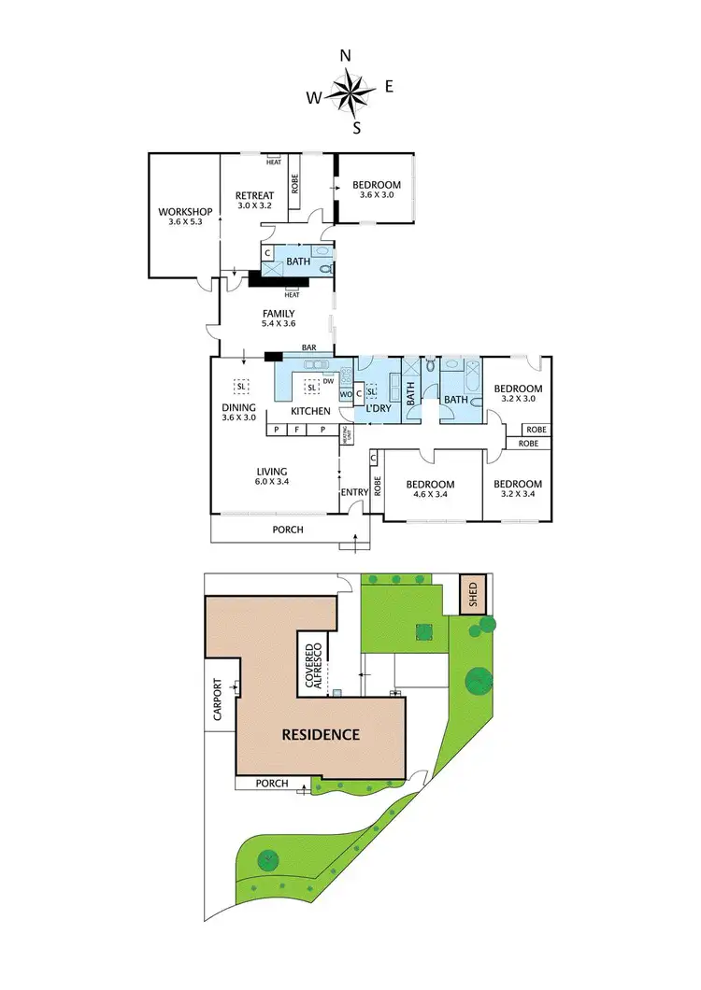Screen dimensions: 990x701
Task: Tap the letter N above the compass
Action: pos(345,56)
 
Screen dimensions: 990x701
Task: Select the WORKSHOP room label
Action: pos(184,211)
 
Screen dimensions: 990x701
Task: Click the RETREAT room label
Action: pos(253,195)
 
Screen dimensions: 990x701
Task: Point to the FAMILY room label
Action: pos(278,314)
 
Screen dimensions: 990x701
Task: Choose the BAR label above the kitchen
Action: pos(308,348)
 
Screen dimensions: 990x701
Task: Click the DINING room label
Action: pos(239,406)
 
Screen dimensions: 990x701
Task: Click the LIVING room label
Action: pos(272,472)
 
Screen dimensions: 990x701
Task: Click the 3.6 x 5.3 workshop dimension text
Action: pos(184,222)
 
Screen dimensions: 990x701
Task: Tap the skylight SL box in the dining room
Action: pos(241,386)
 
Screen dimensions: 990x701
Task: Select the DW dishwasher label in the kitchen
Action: pos(328,381)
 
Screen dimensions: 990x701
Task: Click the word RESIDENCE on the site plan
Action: pos(321,734)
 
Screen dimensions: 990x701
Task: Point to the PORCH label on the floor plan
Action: pos(288,530)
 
